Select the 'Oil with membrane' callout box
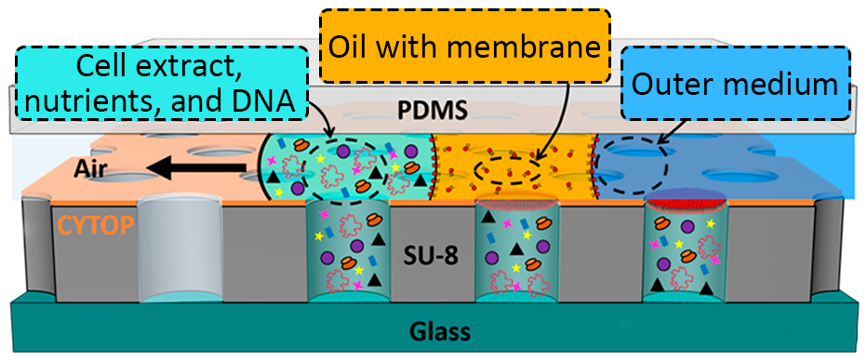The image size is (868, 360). tap(460, 45)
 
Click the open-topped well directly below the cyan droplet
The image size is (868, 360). tap(345, 251)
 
